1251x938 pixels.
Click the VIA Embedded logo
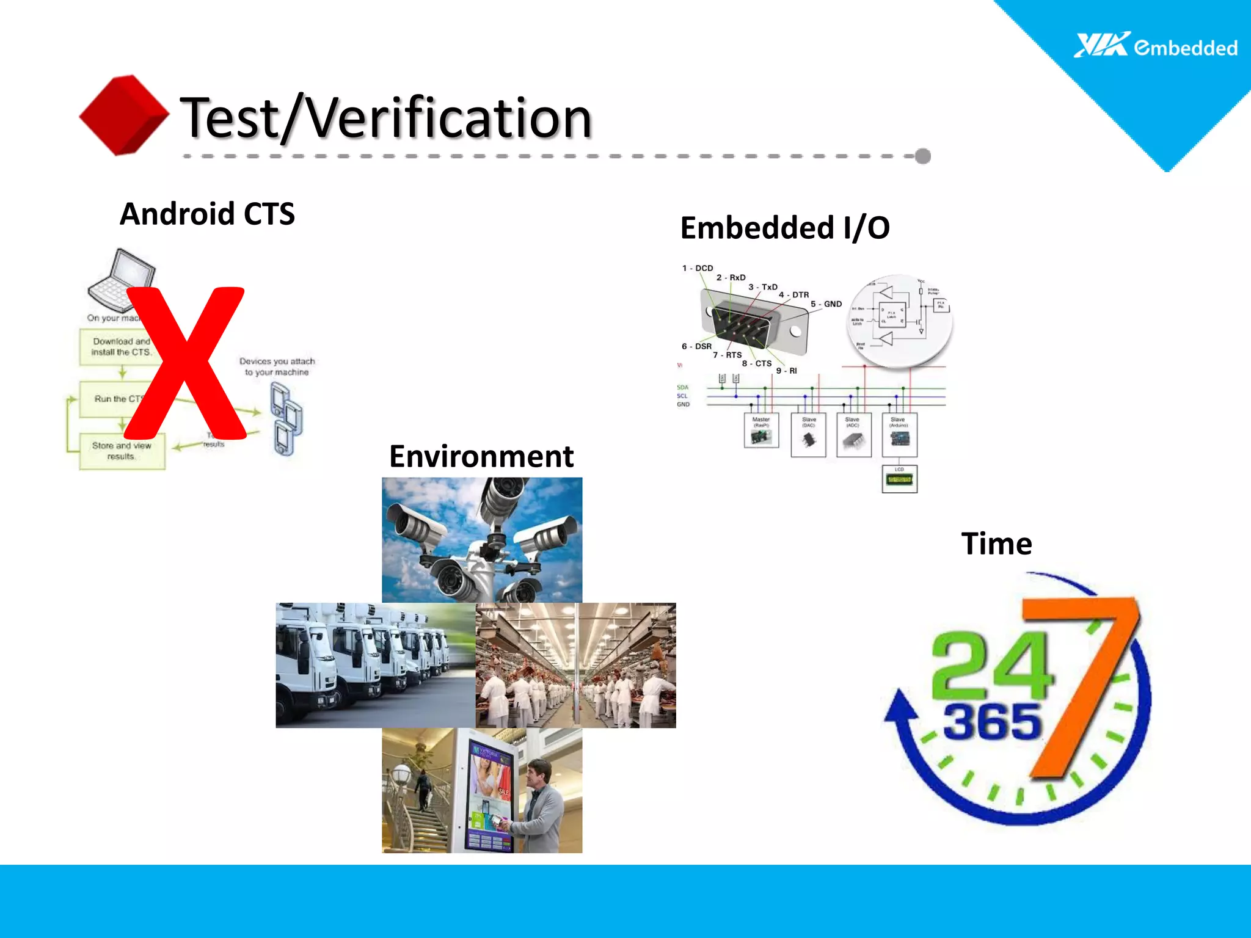pos(1155,46)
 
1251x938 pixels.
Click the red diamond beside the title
pos(124,115)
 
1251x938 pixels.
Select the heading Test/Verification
pos(386,117)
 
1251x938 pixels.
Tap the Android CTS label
pos(207,214)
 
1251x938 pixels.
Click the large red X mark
pos(185,364)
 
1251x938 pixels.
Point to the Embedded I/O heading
pos(784,228)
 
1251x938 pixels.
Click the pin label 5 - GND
pos(826,304)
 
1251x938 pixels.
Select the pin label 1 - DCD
pos(697,268)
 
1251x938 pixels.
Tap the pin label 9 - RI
pos(786,371)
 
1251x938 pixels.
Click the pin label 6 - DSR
pos(696,346)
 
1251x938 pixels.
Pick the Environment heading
pos(481,456)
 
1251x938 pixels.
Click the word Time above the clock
pos(996,544)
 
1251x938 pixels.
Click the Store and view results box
pos(122,451)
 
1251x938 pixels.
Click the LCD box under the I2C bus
pos(899,479)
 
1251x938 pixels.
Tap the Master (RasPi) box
pos(761,431)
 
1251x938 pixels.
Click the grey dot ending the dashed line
pos(923,156)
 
